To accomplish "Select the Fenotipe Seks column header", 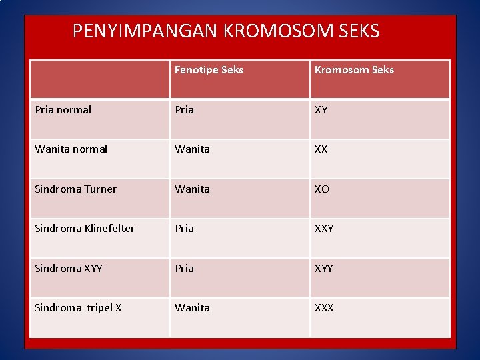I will point(209,70).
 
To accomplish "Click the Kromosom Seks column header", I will point(354,70).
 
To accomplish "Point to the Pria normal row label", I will point(63,110).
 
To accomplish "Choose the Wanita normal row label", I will point(71,149).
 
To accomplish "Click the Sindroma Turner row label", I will point(75,189).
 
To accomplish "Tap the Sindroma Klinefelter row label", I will point(85,229).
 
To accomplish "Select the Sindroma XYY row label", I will point(68,269).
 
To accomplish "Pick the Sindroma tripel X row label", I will point(78,308).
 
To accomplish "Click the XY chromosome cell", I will point(321,110).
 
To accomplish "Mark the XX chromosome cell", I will point(321,149).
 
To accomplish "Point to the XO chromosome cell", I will point(322,189).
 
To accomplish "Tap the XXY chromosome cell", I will point(324,229).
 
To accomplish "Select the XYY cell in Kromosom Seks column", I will point(324,269).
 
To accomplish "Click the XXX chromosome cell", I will point(324,308).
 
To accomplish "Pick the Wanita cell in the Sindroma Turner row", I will point(192,189).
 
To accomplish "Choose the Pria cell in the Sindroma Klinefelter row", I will point(185,229).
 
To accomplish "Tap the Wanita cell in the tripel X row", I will point(192,308).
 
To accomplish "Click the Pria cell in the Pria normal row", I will point(185,110).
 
